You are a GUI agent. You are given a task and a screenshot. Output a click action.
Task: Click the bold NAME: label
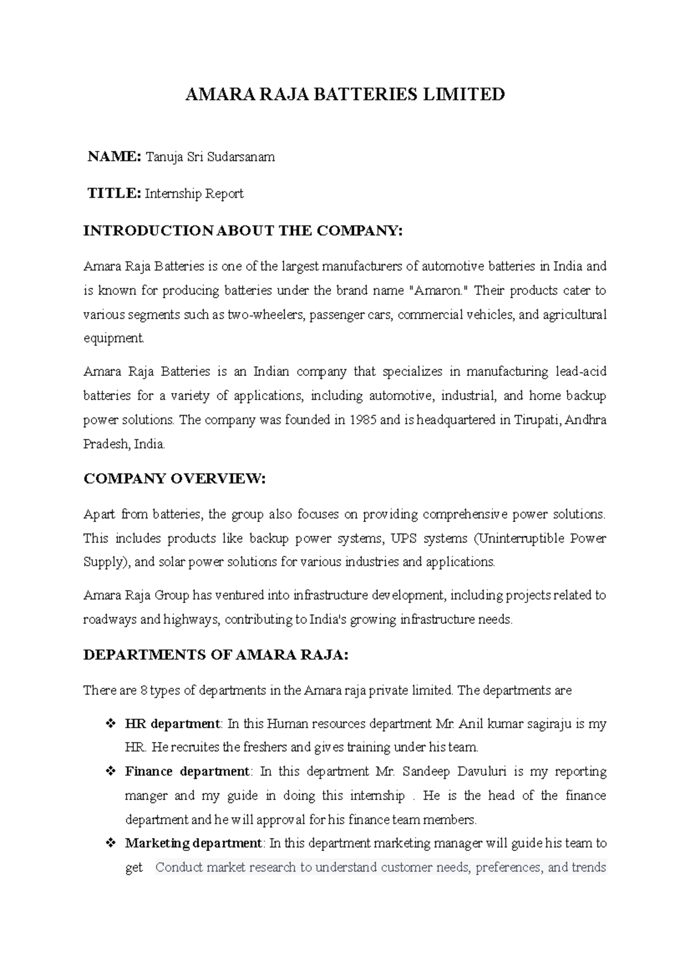coord(113,156)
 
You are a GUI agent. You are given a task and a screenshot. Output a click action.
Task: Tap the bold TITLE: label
coord(113,193)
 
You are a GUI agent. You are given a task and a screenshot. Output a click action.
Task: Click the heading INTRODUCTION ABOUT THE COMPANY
coord(243,230)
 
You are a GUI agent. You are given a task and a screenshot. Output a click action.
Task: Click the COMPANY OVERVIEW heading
coord(175,479)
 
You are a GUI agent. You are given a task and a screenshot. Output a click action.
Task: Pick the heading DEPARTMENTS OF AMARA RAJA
coord(216,655)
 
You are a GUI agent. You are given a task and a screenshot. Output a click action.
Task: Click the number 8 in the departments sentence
coord(143,690)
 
